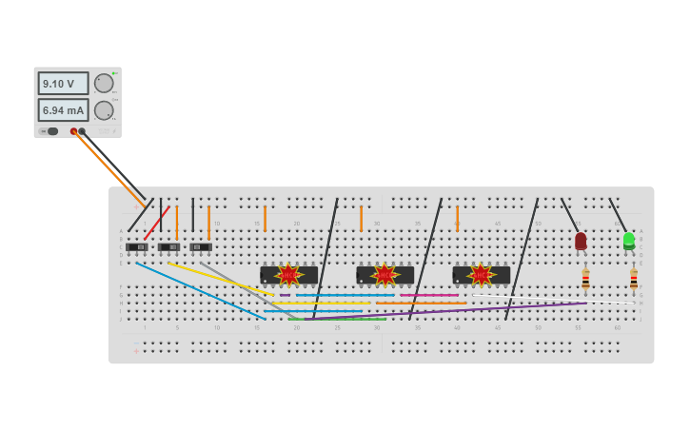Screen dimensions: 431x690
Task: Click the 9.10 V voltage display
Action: point(63,84)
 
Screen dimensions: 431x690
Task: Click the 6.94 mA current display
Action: point(63,110)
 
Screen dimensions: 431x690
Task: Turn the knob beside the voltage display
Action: point(104,84)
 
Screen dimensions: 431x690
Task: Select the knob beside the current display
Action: point(104,110)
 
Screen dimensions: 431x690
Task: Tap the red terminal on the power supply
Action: point(73,131)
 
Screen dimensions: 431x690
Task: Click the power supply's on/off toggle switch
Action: point(49,131)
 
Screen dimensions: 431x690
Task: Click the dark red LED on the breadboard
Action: point(581,241)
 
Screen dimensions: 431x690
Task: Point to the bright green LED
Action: point(629,240)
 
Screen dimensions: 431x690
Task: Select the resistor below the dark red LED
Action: point(585,279)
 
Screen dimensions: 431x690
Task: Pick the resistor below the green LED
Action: point(634,279)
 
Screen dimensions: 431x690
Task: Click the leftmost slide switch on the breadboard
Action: point(137,247)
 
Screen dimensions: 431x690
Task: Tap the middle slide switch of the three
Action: point(168,247)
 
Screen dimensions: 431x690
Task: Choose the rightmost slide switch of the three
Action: point(200,247)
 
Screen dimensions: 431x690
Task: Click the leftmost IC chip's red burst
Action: point(288,275)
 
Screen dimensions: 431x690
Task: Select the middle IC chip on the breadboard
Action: point(384,275)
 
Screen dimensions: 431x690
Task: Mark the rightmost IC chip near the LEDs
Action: point(482,275)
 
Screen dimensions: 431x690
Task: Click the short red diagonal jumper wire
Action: point(157,223)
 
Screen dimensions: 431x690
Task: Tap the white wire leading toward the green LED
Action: point(552,298)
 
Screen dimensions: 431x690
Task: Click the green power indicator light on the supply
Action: point(115,73)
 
